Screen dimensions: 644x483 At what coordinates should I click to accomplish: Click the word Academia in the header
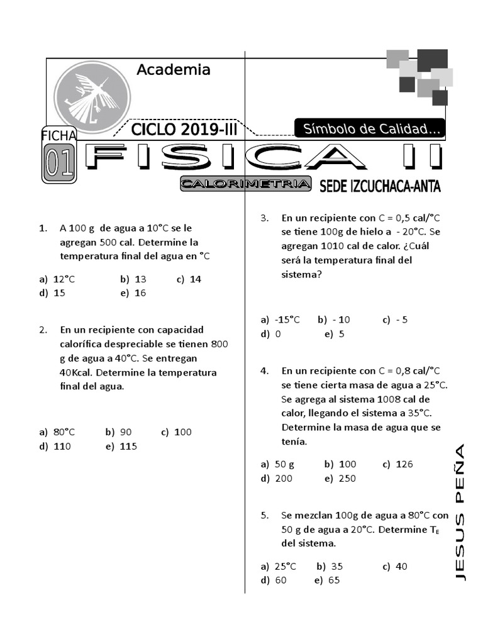tap(173, 69)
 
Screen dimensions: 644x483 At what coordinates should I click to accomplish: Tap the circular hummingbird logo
tap(92, 97)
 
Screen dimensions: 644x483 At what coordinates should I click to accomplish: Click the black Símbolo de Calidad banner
tap(370, 129)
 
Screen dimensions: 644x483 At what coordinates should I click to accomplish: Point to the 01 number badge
tap(59, 163)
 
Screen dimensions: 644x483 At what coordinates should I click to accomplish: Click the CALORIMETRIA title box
tap(246, 184)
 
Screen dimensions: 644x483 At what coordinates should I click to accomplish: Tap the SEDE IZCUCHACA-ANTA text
tap(380, 186)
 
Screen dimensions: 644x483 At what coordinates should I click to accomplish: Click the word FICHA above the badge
tap(58, 135)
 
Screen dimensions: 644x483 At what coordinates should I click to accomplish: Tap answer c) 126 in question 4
tap(397, 464)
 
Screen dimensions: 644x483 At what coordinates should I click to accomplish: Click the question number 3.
tap(265, 218)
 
